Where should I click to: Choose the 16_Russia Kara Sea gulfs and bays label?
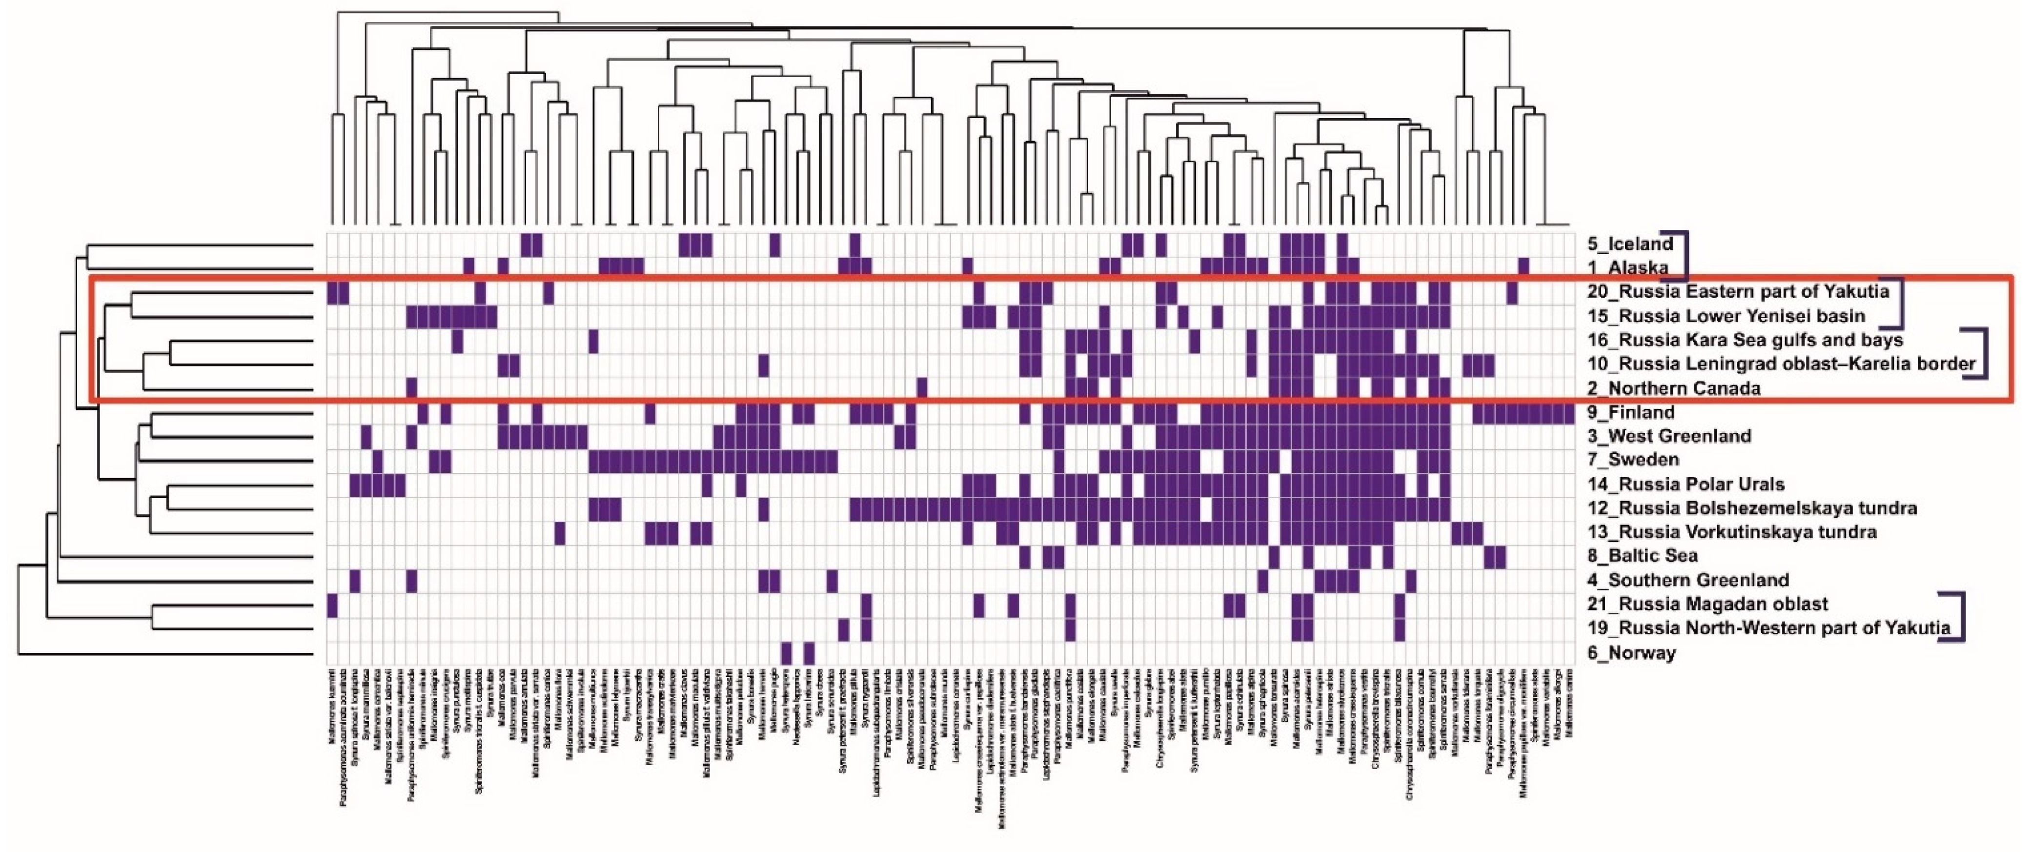[x=1745, y=340]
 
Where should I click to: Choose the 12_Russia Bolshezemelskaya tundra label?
[x=1751, y=508]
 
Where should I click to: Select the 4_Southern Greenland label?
[x=1687, y=581]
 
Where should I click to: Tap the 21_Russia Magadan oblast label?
[x=1707, y=604]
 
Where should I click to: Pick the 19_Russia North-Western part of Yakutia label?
[x=1768, y=629]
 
